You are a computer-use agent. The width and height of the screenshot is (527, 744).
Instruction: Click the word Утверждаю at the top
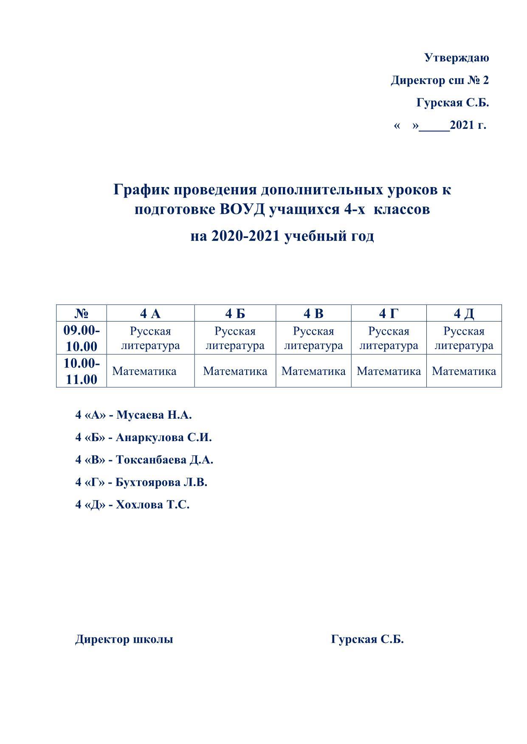[457, 58]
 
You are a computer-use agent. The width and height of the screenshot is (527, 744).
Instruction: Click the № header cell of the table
[82, 313]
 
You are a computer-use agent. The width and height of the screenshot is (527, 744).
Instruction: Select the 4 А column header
[150, 313]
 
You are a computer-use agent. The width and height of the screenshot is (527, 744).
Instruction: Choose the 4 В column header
[313, 313]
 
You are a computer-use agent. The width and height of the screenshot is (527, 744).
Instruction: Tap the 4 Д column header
[464, 313]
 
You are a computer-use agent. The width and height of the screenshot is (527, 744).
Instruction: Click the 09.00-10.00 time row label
[82, 338]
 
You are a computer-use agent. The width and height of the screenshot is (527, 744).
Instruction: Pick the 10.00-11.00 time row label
[82, 371]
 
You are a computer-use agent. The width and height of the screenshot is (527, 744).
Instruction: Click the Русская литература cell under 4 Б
[235, 338]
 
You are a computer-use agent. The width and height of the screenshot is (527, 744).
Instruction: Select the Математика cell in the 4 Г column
[389, 371]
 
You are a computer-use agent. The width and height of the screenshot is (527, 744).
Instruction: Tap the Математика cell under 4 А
[144, 371]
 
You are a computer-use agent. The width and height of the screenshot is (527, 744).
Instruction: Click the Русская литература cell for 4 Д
[464, 338]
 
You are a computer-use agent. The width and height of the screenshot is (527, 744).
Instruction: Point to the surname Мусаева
[140, 415]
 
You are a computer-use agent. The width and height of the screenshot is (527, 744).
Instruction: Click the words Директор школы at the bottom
[124, 639]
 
